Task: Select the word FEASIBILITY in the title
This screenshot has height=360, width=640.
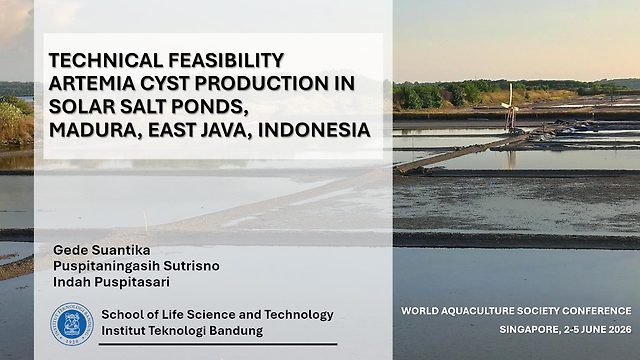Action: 226,60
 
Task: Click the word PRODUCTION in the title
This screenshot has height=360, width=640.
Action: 262,83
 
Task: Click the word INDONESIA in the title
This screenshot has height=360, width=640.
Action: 314,130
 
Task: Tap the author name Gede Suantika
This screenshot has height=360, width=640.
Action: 102,250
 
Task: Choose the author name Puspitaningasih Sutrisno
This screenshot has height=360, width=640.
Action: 136,266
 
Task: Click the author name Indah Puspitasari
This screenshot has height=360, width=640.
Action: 111,282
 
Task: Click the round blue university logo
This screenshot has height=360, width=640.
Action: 72,324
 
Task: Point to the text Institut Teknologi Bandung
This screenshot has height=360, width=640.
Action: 182,331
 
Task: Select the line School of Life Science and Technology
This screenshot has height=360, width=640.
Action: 218,315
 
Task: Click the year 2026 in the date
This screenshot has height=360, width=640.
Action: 620,329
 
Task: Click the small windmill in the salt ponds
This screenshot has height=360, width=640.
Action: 510,107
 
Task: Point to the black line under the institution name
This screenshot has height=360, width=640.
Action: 218,344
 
